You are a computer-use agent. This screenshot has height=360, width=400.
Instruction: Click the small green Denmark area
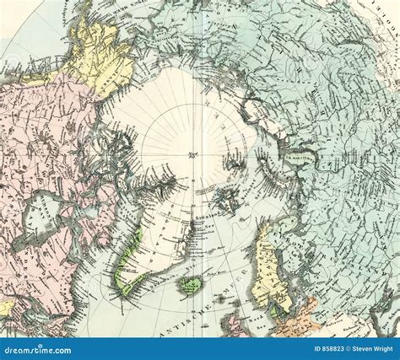tap(273, 310)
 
